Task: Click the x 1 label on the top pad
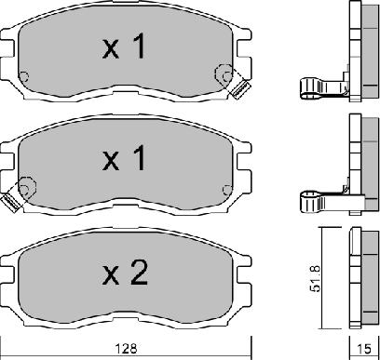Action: (124, 48)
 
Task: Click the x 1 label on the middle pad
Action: (124, 161)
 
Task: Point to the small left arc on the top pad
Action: (26, 77)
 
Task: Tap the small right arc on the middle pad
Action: (225, 188)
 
